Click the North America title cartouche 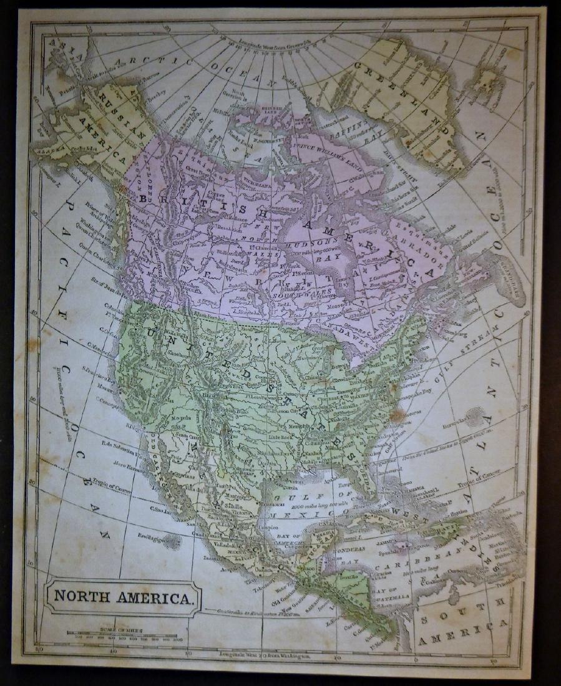click(122, 597)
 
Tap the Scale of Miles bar click(124, 635)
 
